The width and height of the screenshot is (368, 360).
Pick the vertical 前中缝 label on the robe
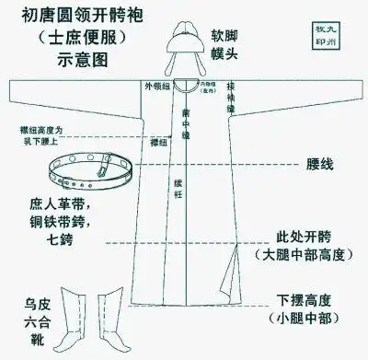pyautogui.click(x=187, y=124)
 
